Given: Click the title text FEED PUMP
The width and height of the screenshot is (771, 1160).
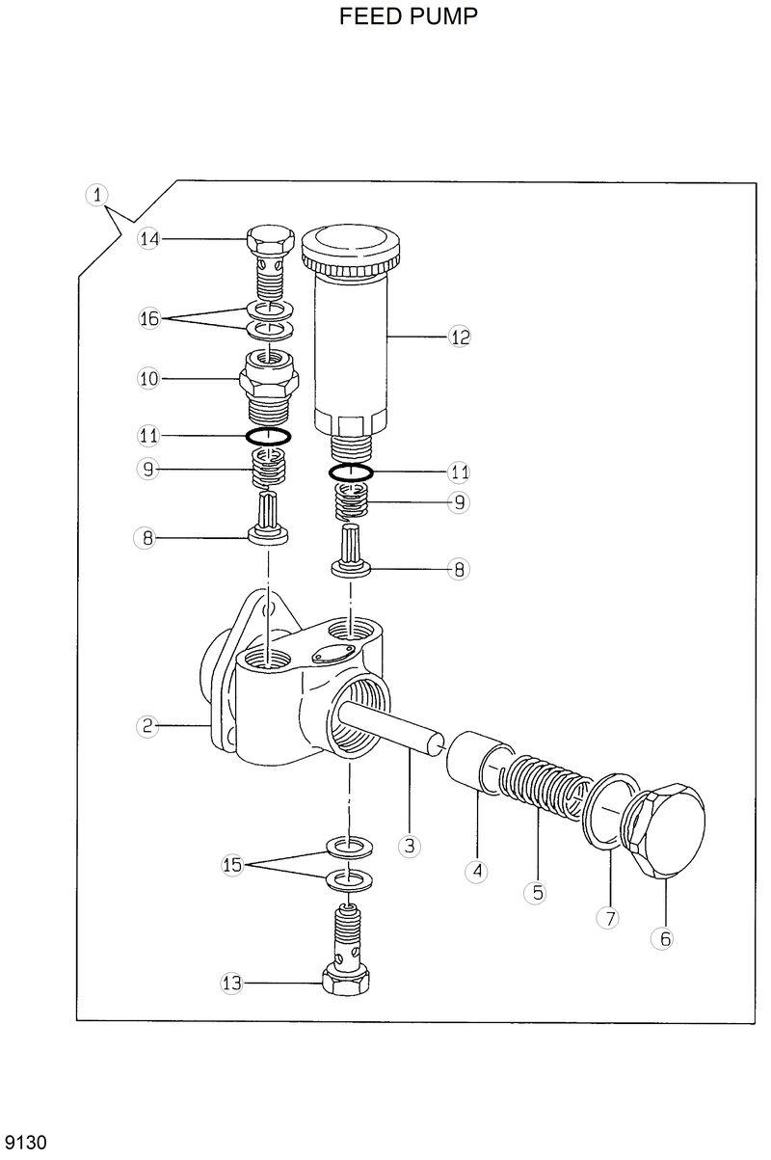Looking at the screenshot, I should (408, 16).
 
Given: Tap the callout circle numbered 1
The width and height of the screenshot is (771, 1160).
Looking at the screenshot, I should (95, 194).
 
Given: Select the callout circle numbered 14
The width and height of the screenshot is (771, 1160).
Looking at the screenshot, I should (147, 239).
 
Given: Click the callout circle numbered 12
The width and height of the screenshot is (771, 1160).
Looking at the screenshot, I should (459, 337).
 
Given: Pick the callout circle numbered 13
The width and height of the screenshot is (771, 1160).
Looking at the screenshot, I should (231, 985).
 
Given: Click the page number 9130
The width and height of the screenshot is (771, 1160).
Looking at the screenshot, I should (25, 1142).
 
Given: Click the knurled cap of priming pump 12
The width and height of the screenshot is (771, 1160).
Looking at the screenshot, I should (353, 248).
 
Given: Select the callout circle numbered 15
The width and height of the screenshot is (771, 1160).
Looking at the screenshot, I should (231, 865).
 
